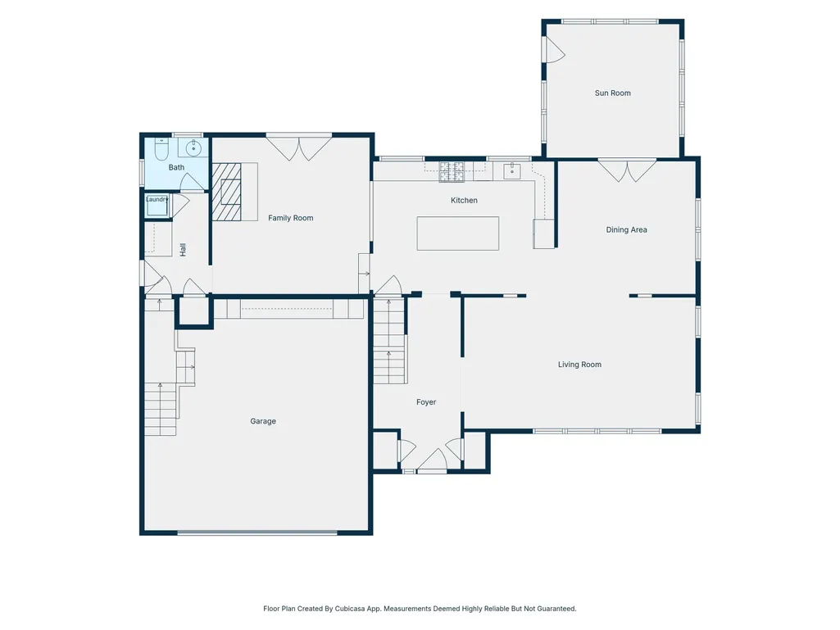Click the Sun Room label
pyautogui.click(x=612, y=93)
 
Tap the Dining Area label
pyautogui.click(x=626, y=230)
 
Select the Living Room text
pyautogui.click(x=579, y=365)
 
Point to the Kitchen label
pyautogui.click(x=464, y=201)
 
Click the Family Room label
pyautogui.click(x=290, y=218)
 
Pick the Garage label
pyautogui.click(x=263, y=421)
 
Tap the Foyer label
pyautogui.click(x=426, y=401)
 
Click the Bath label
pyautogui.click(x=176, y=167)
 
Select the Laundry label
pyautogui.click(x=157, y=199)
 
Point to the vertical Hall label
pyautogui.click(x=183, y=250)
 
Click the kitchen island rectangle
pyautogui.click(x=458, y=233)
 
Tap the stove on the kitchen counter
pyautogui.click(x=452, y=171)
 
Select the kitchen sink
pyautogui.click(x=512, y=171)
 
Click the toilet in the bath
pyautogui.click(x=161, y=149)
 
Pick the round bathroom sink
pyautogui.click(x=193, y=147)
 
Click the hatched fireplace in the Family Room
pyautogui.click(x=227, y=192)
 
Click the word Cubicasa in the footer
pyautogui.click(x=349, y=609)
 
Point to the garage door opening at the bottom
pyautogui.click(x=257, y=533)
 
